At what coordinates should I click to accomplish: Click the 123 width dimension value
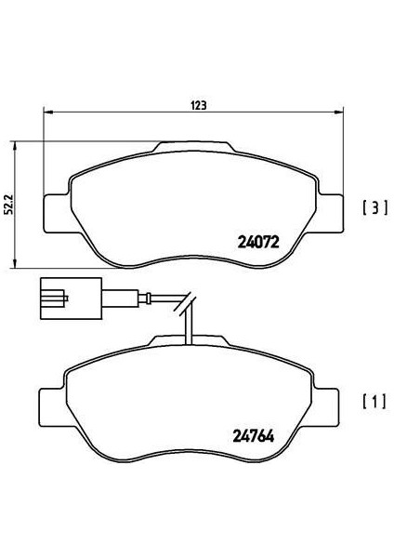(199, 105)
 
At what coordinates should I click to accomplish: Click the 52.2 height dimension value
(8, 204)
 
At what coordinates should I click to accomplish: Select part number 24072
(258, 243)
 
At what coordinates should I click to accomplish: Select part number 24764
(254, 436)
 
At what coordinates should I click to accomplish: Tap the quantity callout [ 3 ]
(374, 207)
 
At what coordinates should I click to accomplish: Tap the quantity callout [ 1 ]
(374, 402)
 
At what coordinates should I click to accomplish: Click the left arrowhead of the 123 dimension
(47, 113)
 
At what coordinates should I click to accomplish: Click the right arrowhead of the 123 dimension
(339, 113)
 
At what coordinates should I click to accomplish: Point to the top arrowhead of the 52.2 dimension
(15, 146)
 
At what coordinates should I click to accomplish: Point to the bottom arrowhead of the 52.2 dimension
(15, 263)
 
